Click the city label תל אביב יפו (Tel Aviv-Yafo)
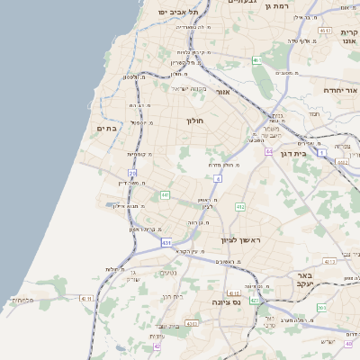pyautogui.click(x=175, y=12)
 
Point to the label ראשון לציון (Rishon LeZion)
pyautogui.click(x=240, y=240)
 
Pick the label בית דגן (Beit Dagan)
pyautogui.click(x=294, y=153)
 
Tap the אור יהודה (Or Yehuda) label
pyautogui.click(x=341, y=91)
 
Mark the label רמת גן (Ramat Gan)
pyautogui.click(x=279, y=5)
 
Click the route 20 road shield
pyautogui.click(x=132, y=173)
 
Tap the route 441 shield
pyautogui.click(x=165, y=194)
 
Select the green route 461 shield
pyautogui.click(x=256, y=60)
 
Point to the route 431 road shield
pyautogui.click(x=166, y=242)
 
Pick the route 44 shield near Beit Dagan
pyautogui.click(x=268, y=151)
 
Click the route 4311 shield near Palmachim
pyautogui.click(x=86, y=297)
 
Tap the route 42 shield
pyautogui.click(x=157, y=346)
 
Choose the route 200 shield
pyautogui.click(x=321, y=308)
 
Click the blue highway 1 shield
pyautogui.click(x=321, y=153)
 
